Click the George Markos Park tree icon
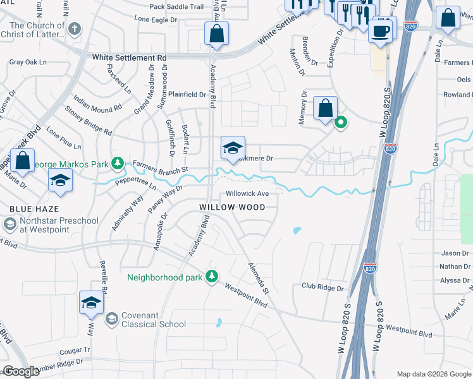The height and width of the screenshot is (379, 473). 117,164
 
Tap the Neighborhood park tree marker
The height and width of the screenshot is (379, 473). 212,277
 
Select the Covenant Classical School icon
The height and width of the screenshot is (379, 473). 112,318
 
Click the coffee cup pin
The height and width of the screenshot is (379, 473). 381,31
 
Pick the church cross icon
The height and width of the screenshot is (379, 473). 75,28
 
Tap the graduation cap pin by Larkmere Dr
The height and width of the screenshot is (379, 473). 233,149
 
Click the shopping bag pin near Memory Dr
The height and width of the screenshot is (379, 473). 325,108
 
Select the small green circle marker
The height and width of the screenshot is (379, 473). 340,123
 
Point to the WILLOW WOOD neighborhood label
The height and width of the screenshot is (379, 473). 232,207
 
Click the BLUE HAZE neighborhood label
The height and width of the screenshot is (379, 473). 34,208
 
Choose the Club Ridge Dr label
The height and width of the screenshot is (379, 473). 322,287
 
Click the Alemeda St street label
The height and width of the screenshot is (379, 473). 258,279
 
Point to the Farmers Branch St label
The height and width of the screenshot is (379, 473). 161,169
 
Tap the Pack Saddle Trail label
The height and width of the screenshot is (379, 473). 176,7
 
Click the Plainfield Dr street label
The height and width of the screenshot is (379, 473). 185,95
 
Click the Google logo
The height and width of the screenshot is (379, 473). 21,371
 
